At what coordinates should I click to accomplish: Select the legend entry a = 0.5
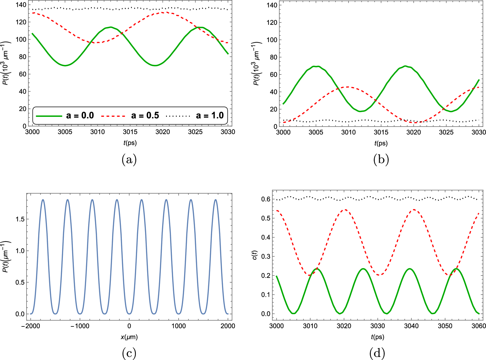coord(130,116)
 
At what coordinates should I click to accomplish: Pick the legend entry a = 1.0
coord(195,116)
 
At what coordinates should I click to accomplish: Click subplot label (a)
coord(129,160)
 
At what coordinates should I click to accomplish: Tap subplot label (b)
coord(381,160)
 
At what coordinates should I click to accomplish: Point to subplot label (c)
coord(129,353)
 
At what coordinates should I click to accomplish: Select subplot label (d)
coord(377,353)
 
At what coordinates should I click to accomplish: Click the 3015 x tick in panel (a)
coord(130,132)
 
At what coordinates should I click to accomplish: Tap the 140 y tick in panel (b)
coord(272,5)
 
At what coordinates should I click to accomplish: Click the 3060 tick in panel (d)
coord(479,326)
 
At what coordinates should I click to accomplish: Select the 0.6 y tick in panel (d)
coord(266,199)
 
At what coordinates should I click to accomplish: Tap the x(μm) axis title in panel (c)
coord(129,337)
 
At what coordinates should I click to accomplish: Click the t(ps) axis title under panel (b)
coord(381,143)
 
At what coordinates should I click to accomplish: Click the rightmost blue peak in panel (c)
coord(216,200)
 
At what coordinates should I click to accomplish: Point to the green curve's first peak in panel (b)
coord(316,66)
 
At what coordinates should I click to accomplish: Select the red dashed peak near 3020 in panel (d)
coord(345,210)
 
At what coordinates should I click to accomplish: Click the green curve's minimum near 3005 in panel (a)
coord(65,66)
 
